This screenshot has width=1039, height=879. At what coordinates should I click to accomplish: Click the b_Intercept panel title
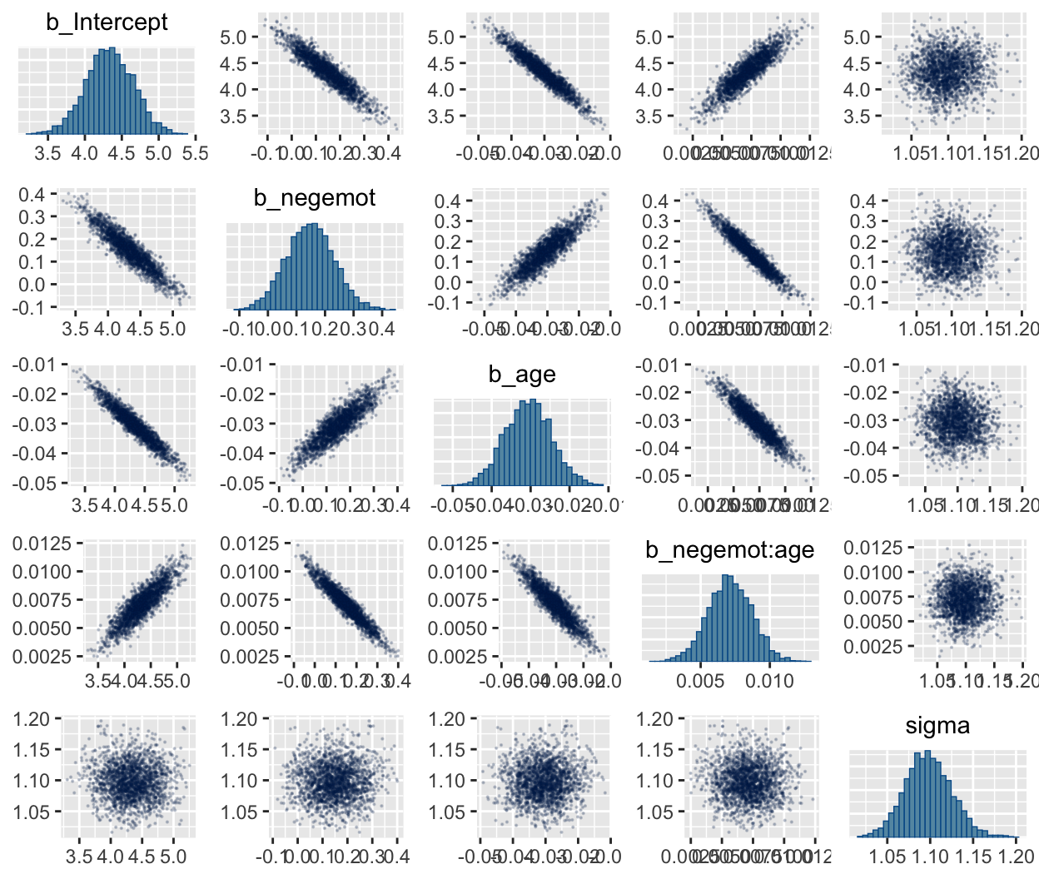(107, 22)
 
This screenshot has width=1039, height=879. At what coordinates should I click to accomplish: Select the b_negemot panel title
(315, 198)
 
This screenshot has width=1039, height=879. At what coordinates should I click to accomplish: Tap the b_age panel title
(522, 375)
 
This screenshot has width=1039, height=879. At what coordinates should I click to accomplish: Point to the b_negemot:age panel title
(729, 550)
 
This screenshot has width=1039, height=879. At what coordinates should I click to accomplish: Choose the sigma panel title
(937, 726)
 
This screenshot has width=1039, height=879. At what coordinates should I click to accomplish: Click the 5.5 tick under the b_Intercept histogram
(194, 154)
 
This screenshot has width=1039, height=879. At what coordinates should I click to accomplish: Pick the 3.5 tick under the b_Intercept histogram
(48, 154)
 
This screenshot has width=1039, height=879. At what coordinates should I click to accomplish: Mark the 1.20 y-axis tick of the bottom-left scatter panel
(32, 718)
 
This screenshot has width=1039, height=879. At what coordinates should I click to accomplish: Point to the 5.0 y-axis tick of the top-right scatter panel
(858, 37)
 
